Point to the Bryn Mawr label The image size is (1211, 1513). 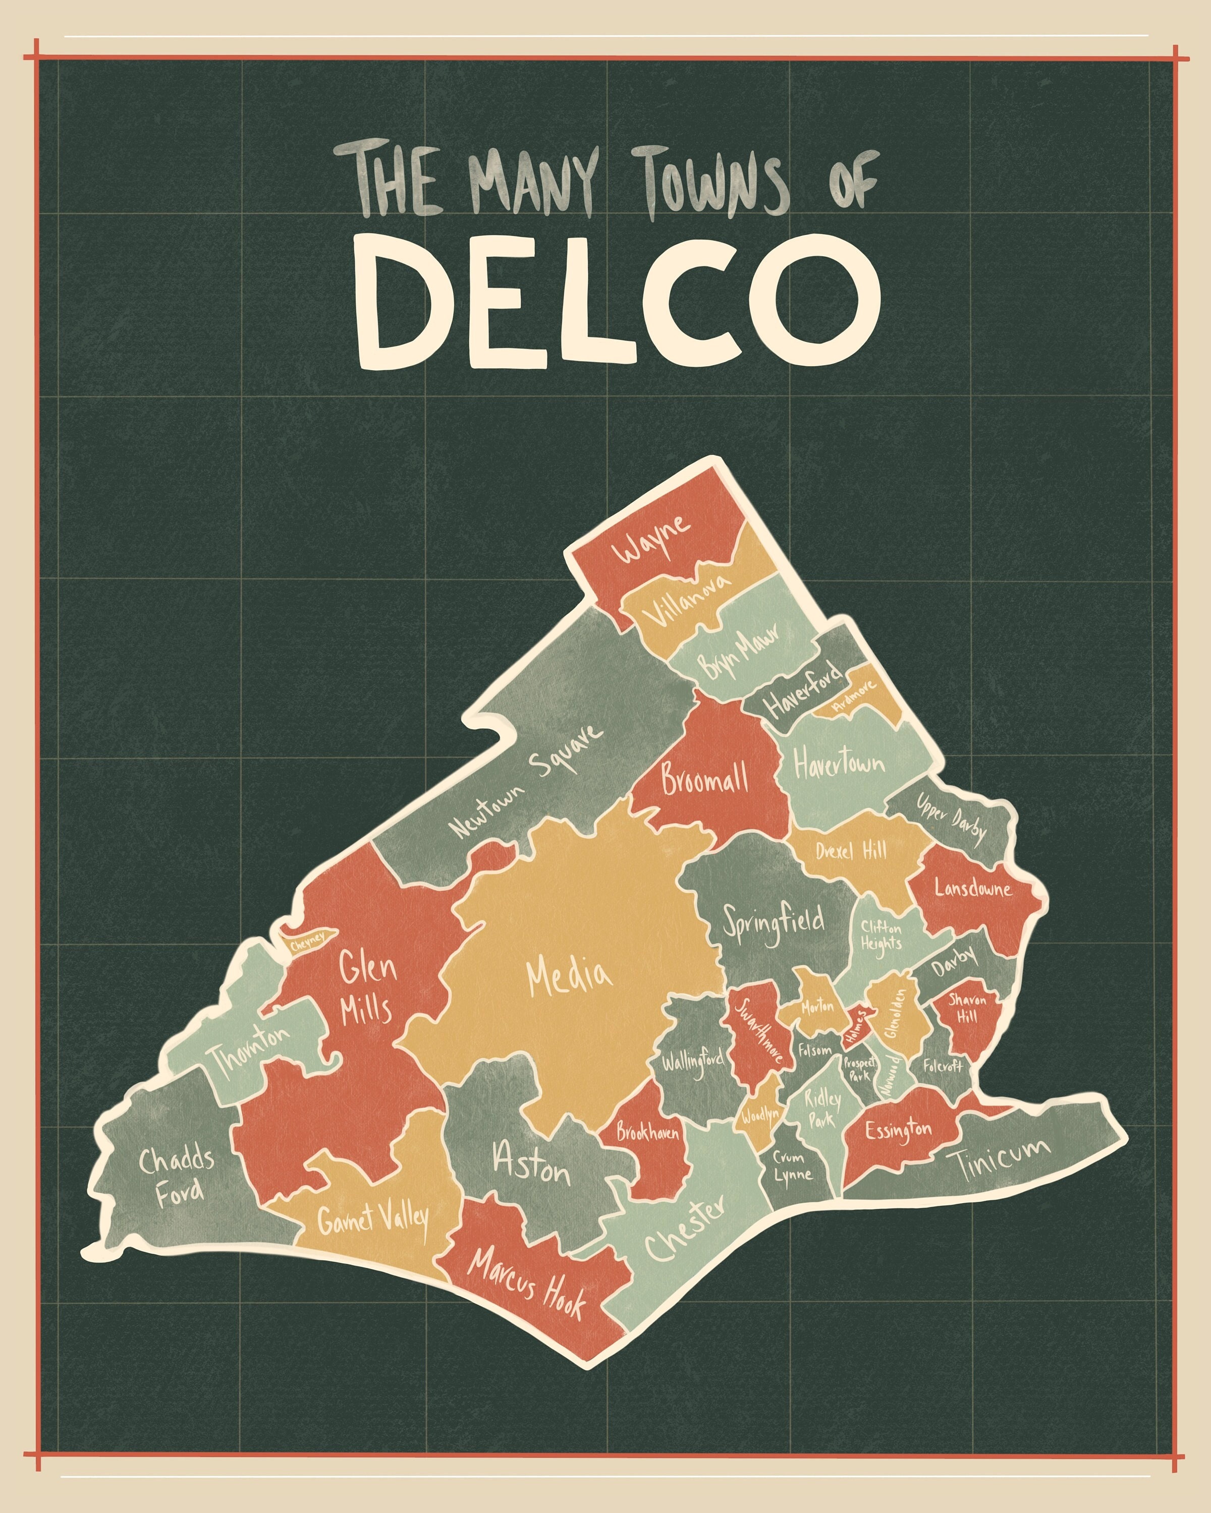click(x=739, y=651)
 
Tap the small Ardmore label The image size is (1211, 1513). click(x=854, y=695)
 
